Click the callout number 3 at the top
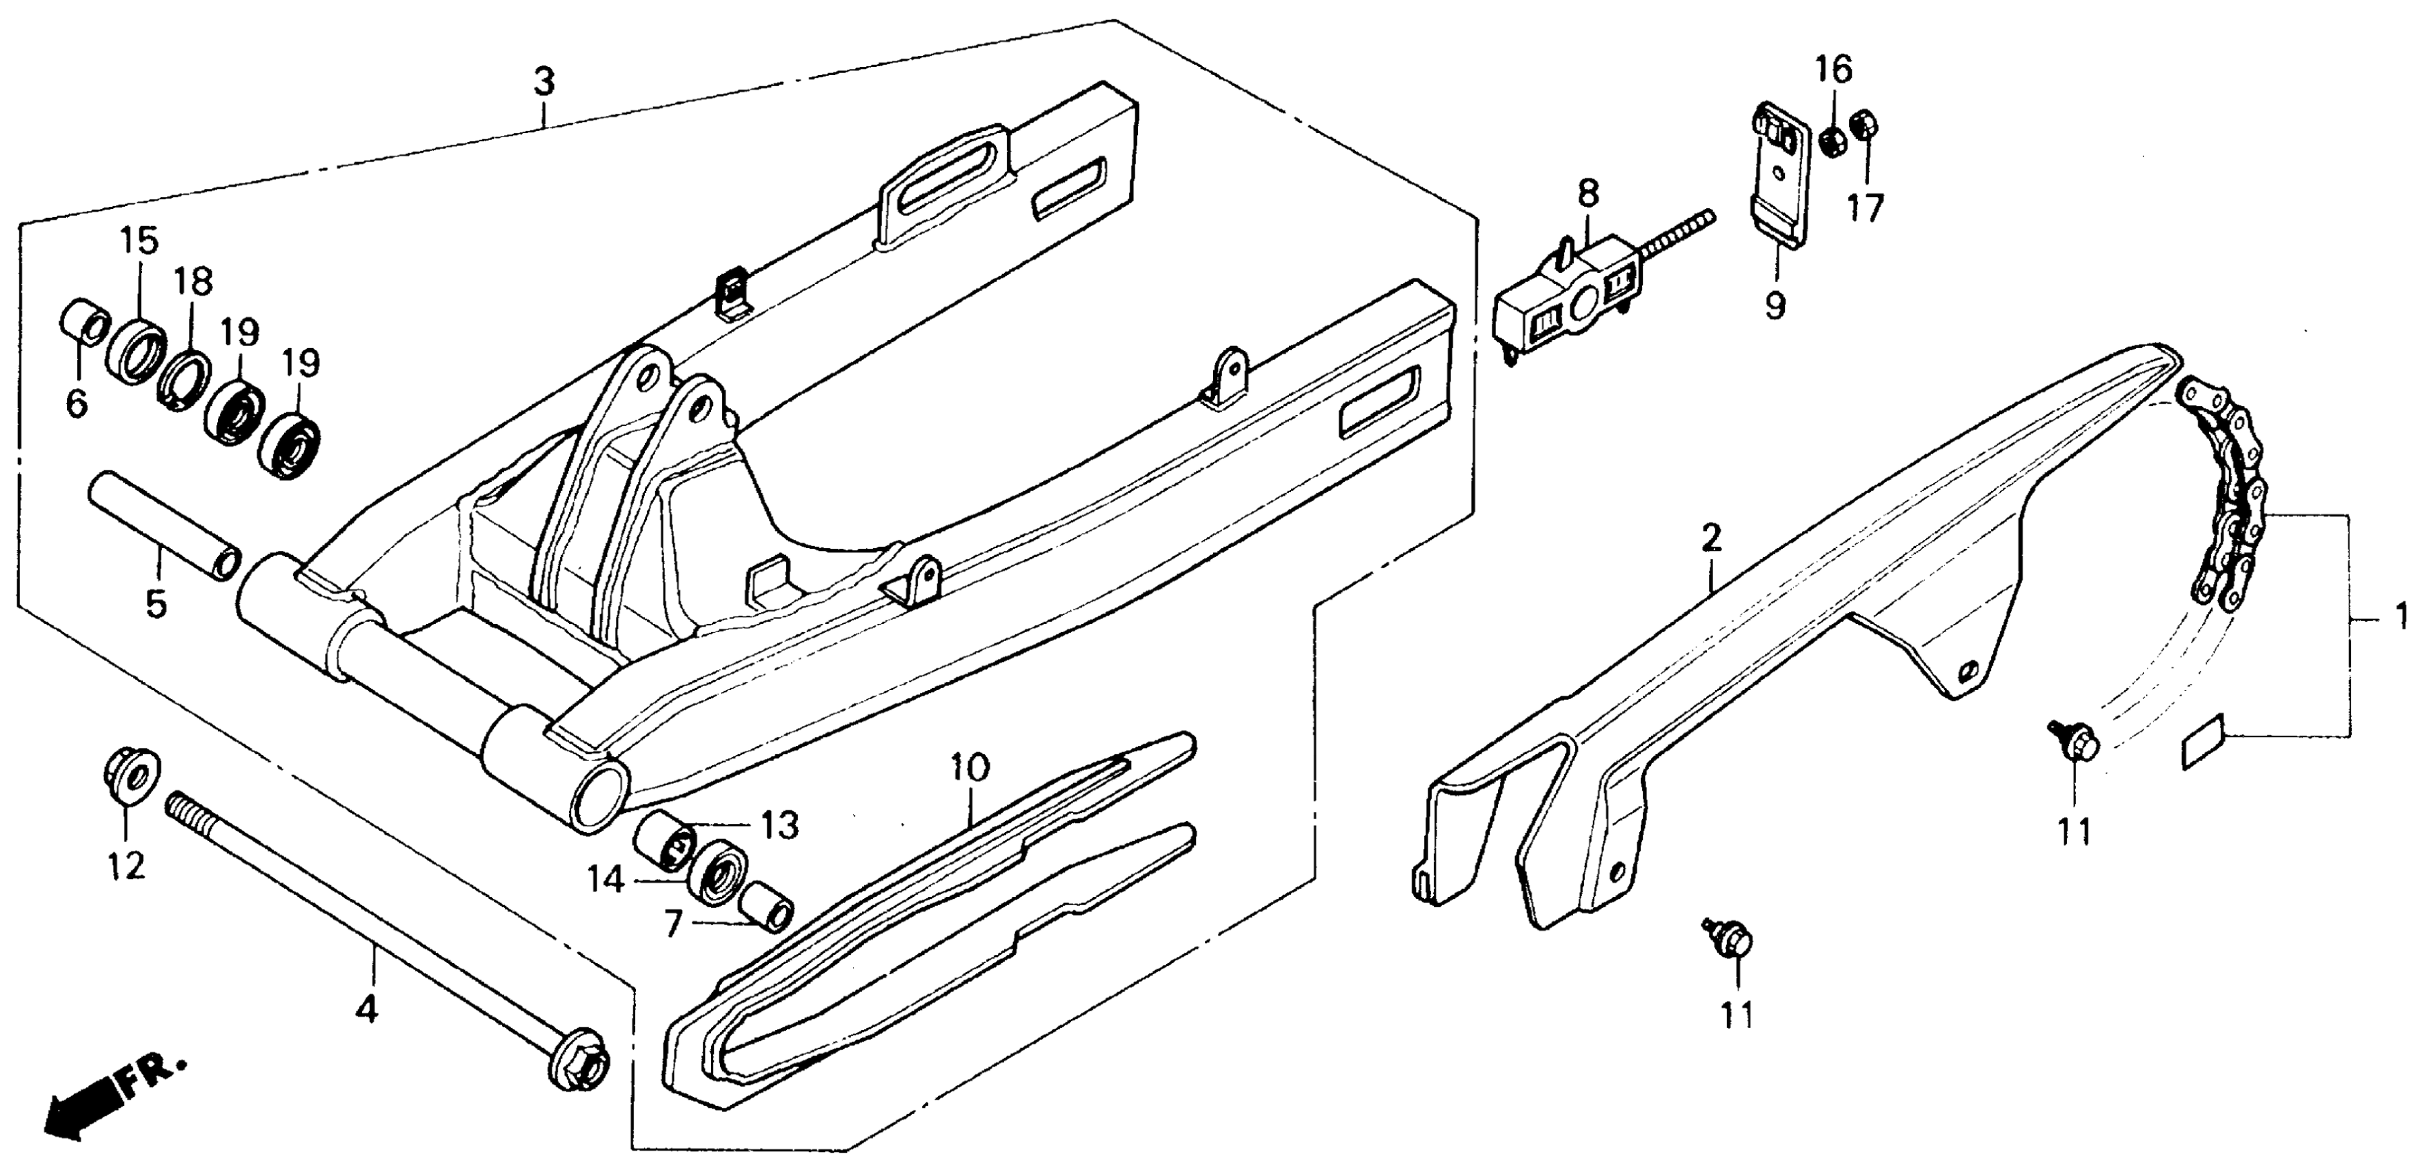pyautogui.click(x=544, y=83)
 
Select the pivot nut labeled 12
pyautogui.click(x=130, y=775)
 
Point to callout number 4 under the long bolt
pyautogui.click(x=367, y=1010)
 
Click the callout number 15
pyautogui.click(x=139, y=242)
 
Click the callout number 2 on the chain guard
pyautogui.click(x=1712, y=538)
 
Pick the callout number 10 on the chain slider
pyautogui.click(x=971, y=767)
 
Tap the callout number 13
pyautogui.click(x=780, y=825)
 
